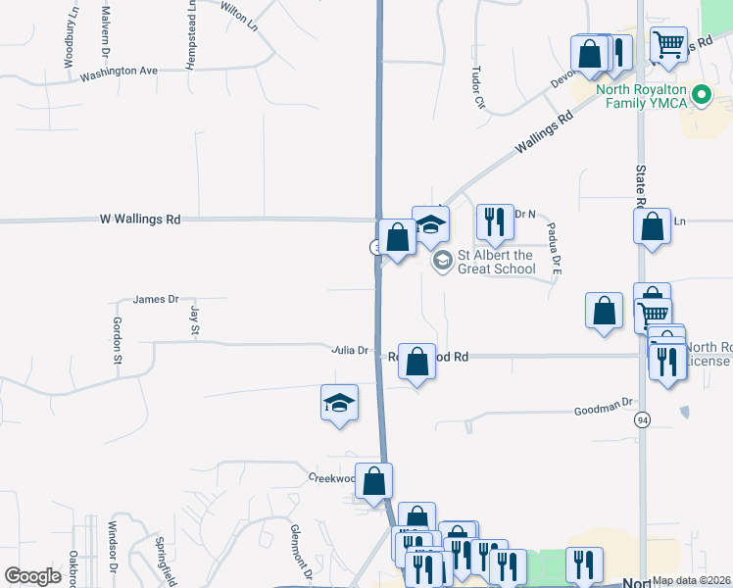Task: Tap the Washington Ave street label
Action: [x=119, y=73]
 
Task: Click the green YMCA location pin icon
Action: [x=701, y=96]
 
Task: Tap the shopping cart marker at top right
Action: [x=668, y=42]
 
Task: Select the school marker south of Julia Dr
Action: [x=339, y=403]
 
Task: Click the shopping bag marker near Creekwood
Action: [x=373, y=481]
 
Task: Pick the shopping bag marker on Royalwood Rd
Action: [x=416, y=361]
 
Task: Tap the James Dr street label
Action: [x=156, y=299]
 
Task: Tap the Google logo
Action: [x=33, y=576]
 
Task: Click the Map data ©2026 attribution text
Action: [x=692, y=580]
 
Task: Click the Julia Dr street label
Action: [x=349, y=350]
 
